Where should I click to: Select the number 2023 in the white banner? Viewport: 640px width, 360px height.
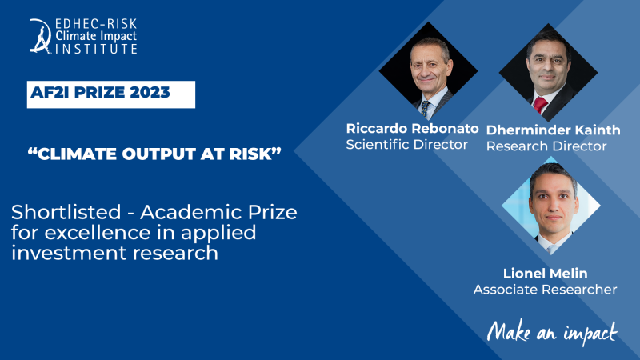point(150,92)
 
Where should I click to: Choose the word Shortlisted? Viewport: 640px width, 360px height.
point(66,212)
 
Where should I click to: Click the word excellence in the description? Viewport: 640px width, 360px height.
point(98,233)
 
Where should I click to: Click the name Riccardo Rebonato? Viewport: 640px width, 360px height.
point(412,129)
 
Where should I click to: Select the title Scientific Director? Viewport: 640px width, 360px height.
point(406,145)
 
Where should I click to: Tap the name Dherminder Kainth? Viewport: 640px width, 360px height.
point(553,130)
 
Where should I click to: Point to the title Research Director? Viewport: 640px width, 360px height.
point(546,146)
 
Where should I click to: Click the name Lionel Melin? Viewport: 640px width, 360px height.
point(546,274)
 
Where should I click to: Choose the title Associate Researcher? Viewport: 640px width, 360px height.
point(546,290)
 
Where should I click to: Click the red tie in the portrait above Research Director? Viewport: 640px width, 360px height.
point(539,106)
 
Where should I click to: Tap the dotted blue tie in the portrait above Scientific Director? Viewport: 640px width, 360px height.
point(425,109)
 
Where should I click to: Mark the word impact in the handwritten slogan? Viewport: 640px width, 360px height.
point(590,333)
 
